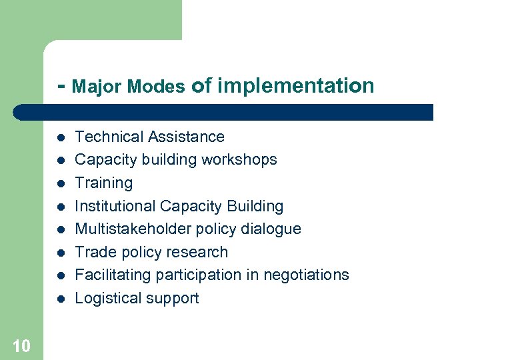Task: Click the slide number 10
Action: click(x=21, y=345)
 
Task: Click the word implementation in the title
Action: click(x=295, y=85)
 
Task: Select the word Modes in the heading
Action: click(x=156, y=87)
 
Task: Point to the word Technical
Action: click(x=109, y=137)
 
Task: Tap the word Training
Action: click(x=103, y=183)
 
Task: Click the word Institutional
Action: click(x=115, y=206)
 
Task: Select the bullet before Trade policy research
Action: click(x=60, y=253)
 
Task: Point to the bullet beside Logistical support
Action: click(x=60, y=299)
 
